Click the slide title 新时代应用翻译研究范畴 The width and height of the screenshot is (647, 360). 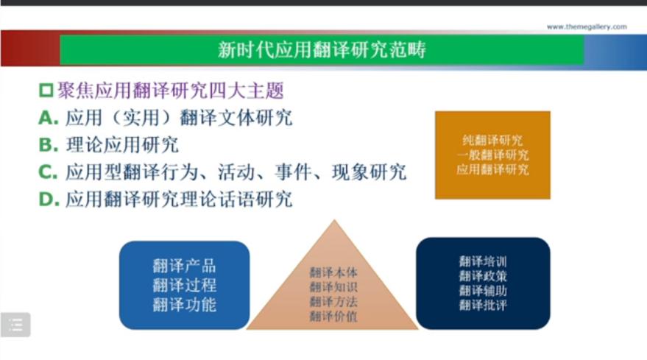[322, 50]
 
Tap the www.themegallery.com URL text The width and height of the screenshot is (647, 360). [587, 27]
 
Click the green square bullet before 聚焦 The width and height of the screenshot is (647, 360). [46, 91]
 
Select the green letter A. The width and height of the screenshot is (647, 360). [49, 118]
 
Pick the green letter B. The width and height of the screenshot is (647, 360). [49, 145]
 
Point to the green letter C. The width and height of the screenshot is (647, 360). [48, 172]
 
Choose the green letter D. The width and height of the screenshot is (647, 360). [49, 200]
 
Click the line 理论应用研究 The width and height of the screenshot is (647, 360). [122, 145]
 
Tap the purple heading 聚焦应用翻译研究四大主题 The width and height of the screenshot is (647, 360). [171, 91]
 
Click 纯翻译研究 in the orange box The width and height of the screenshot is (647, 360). [492, 141]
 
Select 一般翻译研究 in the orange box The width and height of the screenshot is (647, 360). [492, 155]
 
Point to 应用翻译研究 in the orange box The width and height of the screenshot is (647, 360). [492, 169]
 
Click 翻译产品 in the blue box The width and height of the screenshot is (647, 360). [185, 266]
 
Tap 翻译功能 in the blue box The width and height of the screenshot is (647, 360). [185, 305]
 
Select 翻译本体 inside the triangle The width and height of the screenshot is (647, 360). [333, 272]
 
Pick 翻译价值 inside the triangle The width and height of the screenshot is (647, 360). [333, 317]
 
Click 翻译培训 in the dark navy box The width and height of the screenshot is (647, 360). [483, 261]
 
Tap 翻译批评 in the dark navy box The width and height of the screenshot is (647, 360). [483, 306]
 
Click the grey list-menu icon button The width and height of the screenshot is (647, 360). [15, 325]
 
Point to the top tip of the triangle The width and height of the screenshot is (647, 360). [334, 220]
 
